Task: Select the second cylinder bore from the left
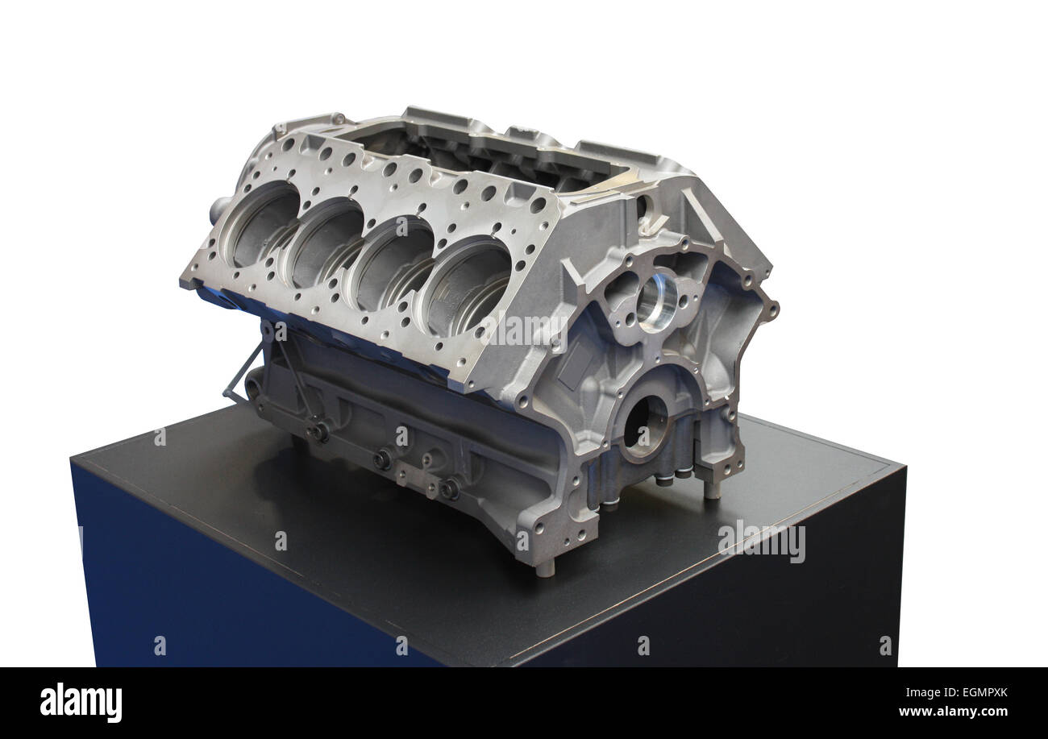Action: [327, 243]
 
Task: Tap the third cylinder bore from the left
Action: [395, 264]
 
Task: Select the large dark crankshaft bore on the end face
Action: [643, 428]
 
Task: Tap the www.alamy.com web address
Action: [954, 712]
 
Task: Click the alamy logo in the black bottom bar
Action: [81, 703]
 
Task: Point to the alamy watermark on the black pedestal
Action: [762, 542]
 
